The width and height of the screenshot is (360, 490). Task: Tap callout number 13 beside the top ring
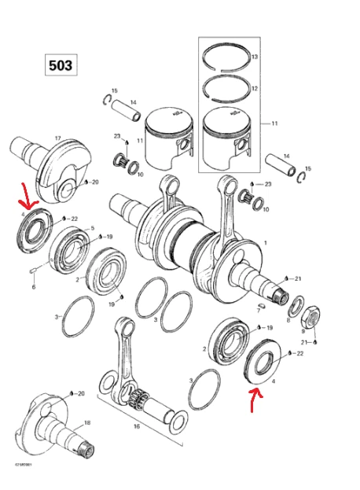tap(254, 57)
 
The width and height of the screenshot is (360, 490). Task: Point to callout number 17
tap(57, 138)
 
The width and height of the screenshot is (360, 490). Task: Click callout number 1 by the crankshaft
tap(265, 243)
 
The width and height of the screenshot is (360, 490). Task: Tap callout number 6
tap(34, 287)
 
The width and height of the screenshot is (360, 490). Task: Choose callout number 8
tap(289, 321)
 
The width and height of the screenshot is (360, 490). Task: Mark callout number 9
tap(302, 332)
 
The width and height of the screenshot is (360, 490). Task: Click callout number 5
tap(92, 229)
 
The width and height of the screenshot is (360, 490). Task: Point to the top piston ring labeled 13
tap(226, 58)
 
